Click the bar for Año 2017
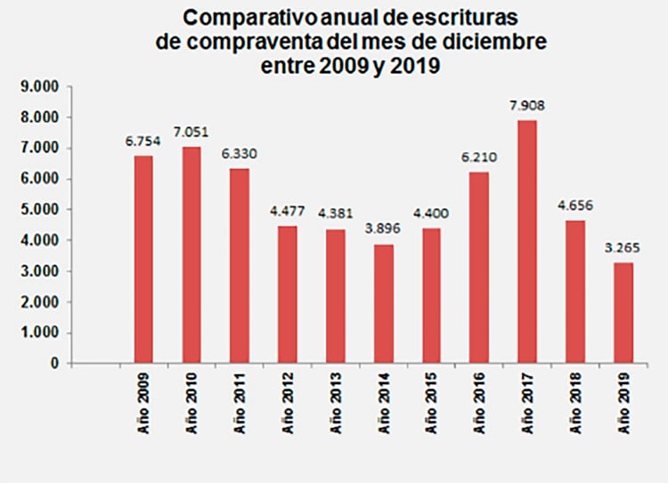(526, 242)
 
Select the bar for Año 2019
(623, 313)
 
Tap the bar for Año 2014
(383, 303)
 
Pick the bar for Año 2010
(191, 255)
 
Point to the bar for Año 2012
(288, 294)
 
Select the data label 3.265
(623, 249)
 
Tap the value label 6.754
(143, 142)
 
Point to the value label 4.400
(431, 214)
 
